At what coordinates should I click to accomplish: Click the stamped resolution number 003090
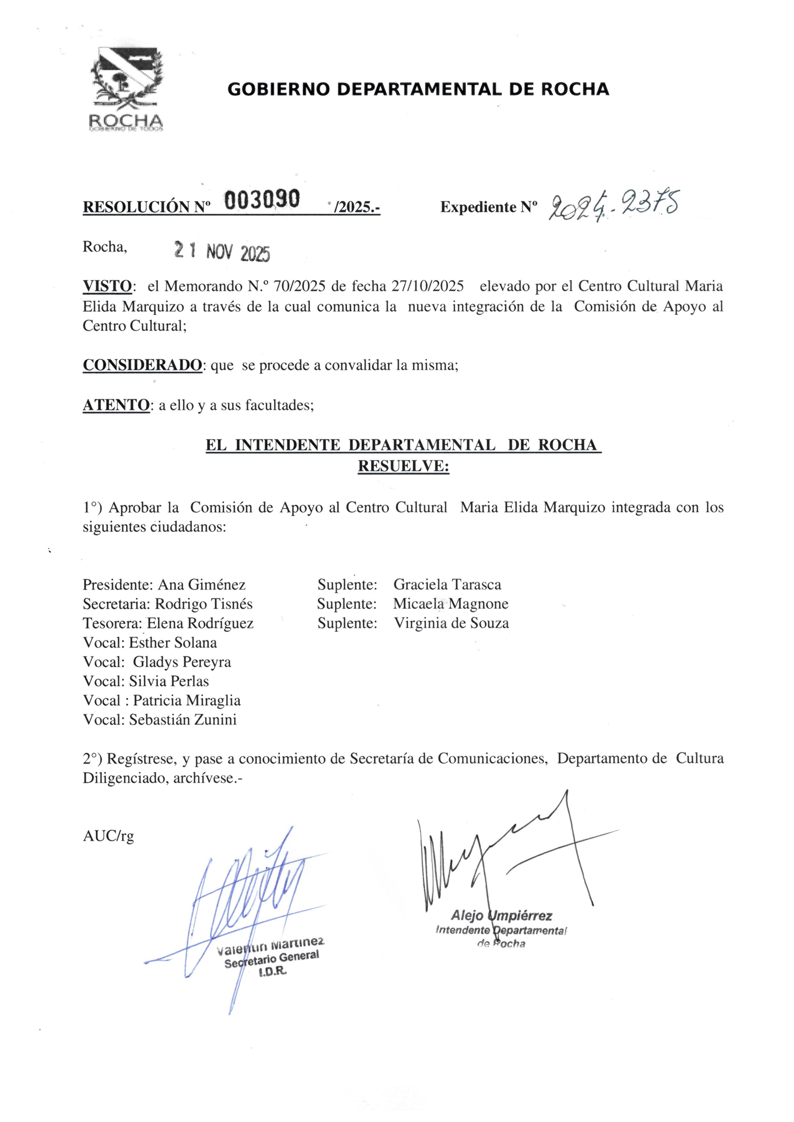262,199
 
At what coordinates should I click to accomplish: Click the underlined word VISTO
107,286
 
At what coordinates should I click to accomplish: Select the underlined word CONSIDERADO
142,365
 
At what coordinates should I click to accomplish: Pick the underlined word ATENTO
116,405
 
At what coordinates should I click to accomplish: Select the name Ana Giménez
201,585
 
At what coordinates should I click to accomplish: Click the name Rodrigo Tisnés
204,604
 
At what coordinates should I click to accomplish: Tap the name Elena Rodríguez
200,624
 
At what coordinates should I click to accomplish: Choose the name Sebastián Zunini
183,720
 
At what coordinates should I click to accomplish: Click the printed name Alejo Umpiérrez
501,915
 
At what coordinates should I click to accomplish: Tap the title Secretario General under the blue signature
271,959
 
